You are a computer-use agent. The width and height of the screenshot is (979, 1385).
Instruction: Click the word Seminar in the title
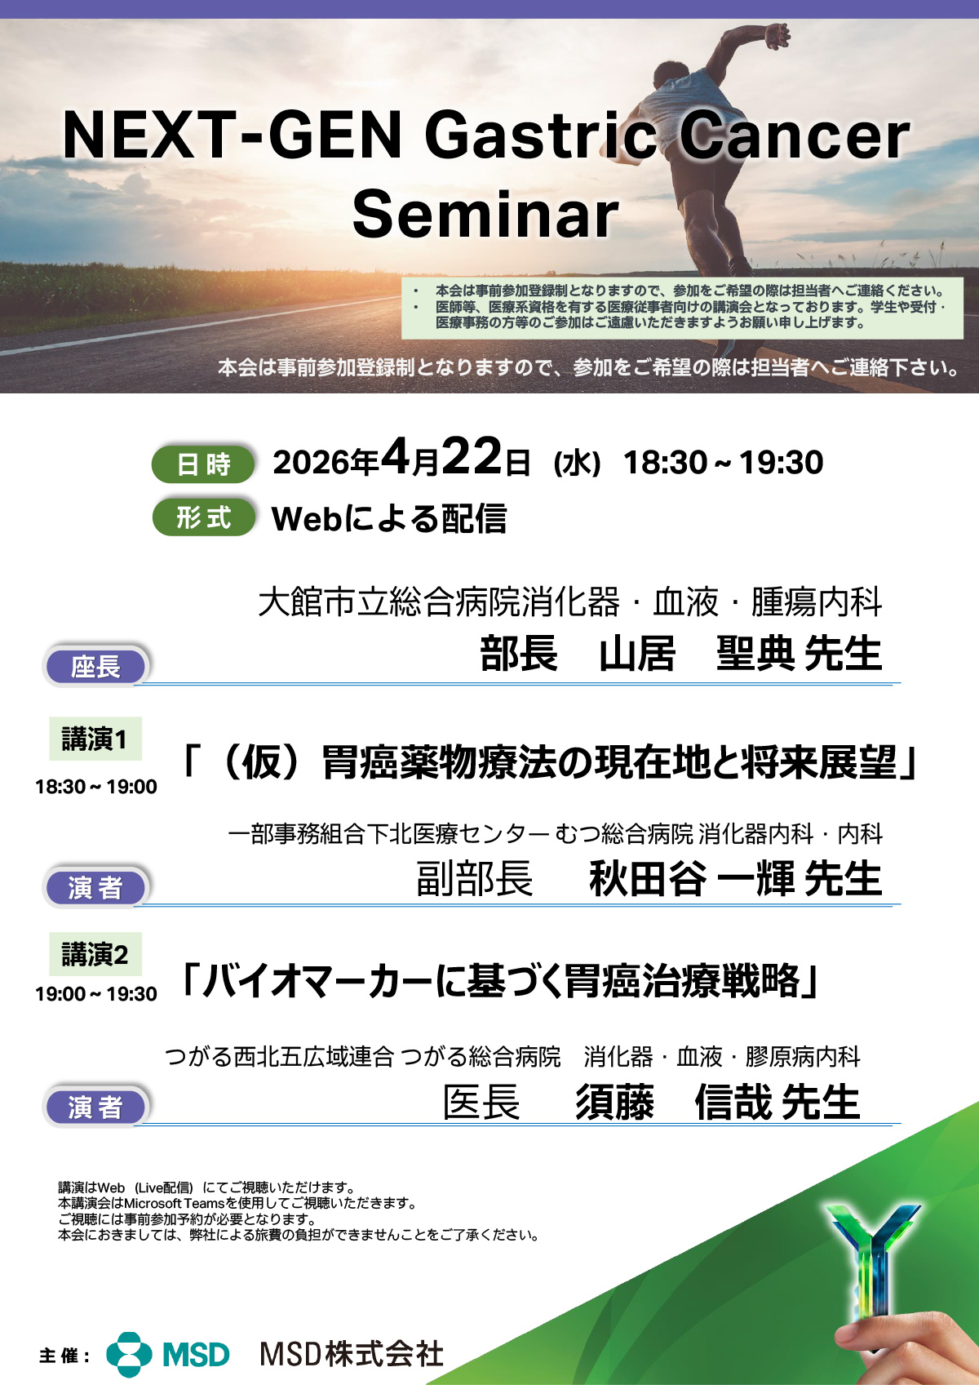point(485,214)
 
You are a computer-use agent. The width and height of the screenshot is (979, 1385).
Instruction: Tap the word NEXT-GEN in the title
point(232,135)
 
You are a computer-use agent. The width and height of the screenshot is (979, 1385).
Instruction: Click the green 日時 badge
point(202,464)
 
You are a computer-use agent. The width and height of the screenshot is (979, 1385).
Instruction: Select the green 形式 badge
point(204,517)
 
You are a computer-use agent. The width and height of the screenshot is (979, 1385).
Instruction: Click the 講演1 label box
point(95,739)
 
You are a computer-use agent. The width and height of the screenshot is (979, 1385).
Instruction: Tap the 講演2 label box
point(95,954)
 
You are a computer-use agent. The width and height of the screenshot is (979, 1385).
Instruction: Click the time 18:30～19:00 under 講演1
point(95,787)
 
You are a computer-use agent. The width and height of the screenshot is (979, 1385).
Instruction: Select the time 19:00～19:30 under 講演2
point(95,993)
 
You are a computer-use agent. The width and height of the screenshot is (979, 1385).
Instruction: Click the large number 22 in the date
point(472,456)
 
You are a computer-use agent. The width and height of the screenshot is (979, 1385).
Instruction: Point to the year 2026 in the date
point(311,463)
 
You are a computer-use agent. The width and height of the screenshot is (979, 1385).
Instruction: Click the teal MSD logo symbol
point(129,1354)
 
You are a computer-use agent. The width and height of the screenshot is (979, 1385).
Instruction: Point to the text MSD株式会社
point(352,1354)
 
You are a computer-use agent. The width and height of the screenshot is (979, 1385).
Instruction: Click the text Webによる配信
point(389,518)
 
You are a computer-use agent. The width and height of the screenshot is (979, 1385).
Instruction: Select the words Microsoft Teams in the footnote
point(175,1203)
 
